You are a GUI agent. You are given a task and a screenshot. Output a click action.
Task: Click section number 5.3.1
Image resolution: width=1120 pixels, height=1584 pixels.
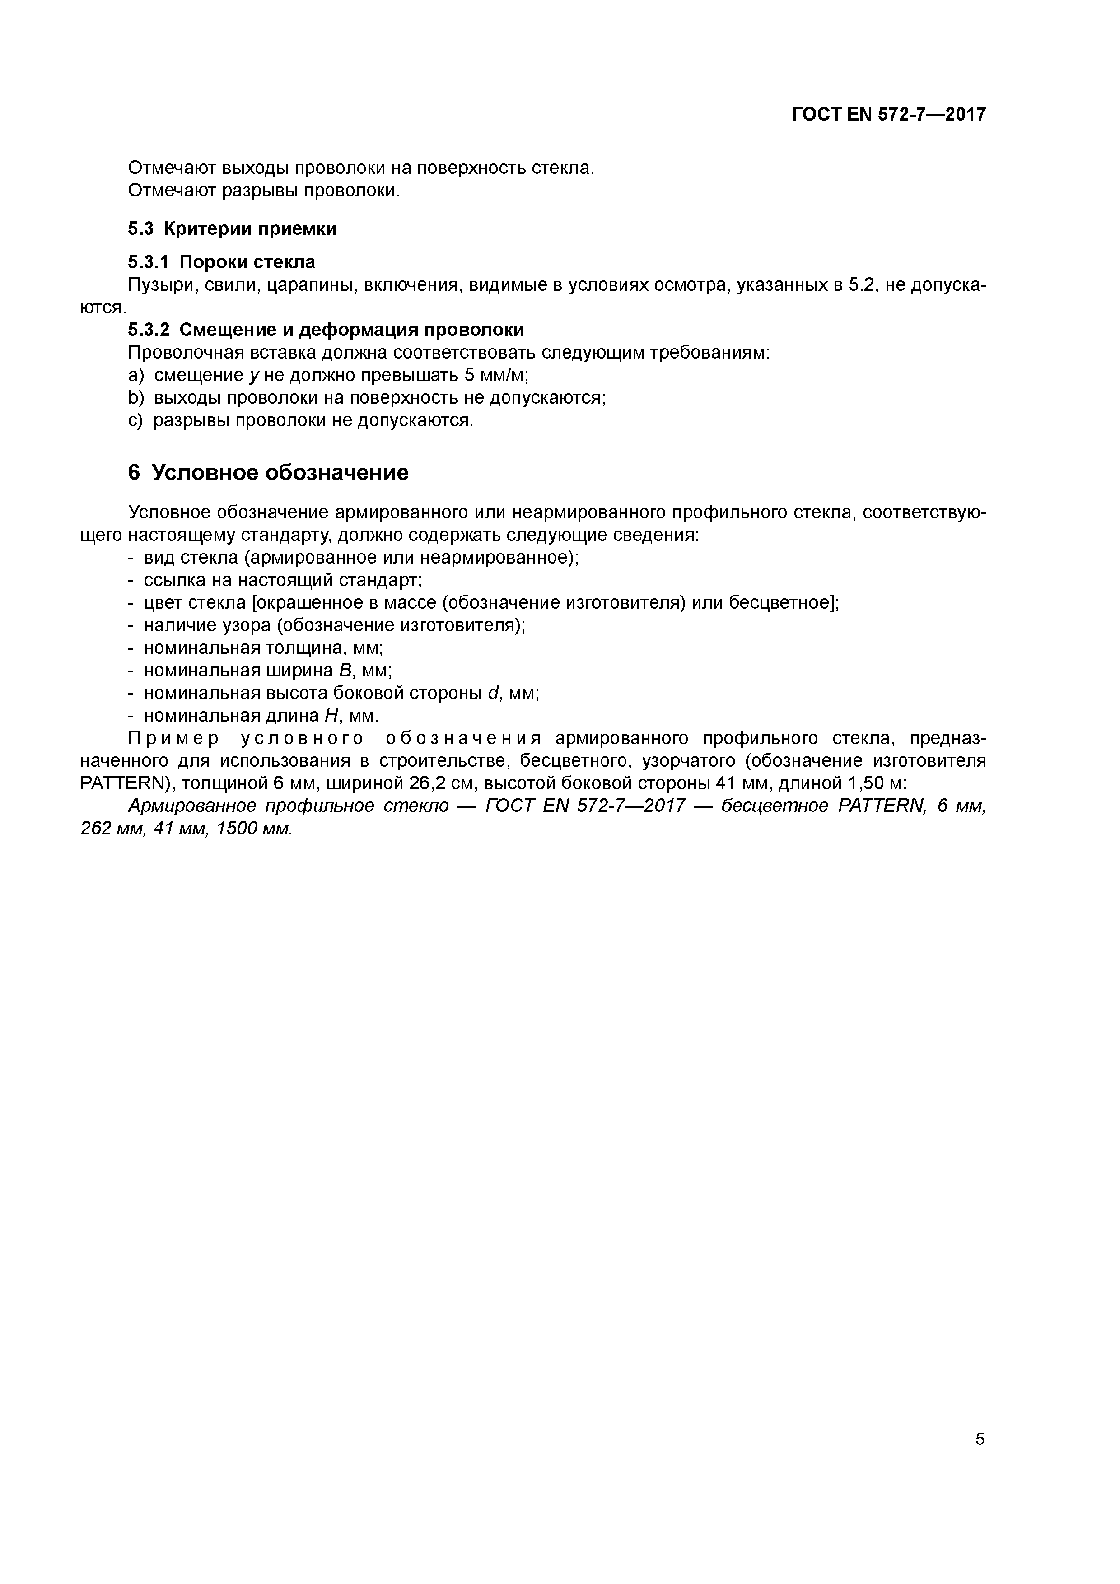coord(149,262)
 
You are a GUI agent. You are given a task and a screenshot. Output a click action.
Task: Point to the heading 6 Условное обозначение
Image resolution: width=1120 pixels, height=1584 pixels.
coord(268,473)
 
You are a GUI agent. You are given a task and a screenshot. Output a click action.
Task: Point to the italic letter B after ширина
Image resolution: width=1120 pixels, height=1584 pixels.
coord(346,671)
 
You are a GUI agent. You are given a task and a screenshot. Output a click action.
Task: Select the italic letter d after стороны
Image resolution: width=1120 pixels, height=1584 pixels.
coord(494,693)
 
